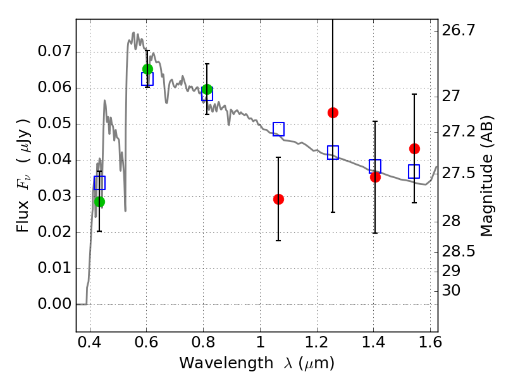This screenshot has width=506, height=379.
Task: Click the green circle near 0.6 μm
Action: tap(147, 69)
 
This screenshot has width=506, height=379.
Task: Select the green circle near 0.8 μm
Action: tap(207, 89)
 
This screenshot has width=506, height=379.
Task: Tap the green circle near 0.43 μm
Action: tap(99, 202)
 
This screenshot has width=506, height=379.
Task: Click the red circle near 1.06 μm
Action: tap(278, 199)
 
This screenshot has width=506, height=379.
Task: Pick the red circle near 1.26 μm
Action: tap(333, 112)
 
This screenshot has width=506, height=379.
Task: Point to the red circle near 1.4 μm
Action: tap(375, 177)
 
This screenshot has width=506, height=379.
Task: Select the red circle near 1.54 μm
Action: tap(414, 148)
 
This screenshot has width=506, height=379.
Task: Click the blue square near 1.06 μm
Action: tap(278, 129)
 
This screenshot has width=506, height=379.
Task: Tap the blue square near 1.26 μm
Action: tap(333, 152)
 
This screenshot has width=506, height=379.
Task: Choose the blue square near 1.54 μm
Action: tap(414, 171)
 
